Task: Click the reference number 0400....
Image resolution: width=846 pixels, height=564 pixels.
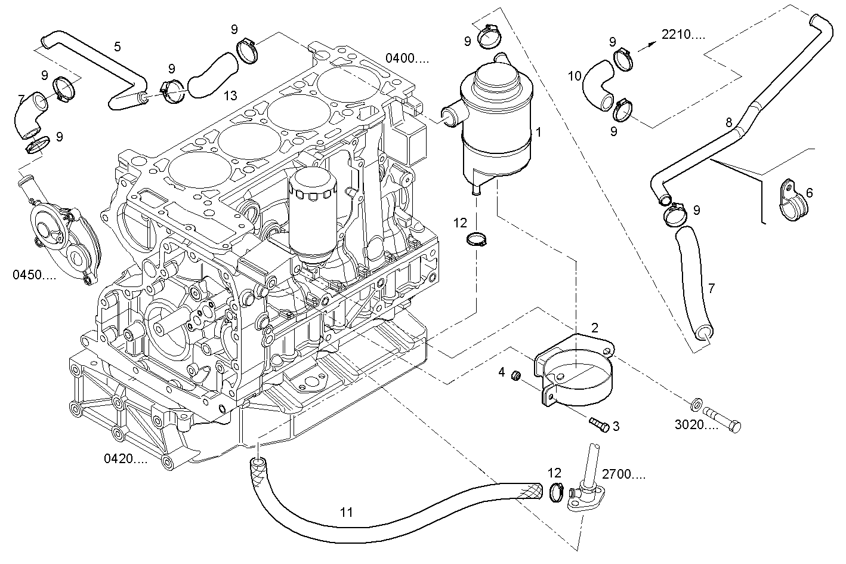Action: pos(407,58)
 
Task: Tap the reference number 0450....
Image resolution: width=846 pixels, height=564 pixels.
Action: pos(35,275)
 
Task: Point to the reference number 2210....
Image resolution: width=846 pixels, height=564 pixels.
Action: pos(683,35)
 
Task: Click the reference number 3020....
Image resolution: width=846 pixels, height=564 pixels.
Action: pos(696,425)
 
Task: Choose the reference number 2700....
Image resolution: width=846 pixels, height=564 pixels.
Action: pos(623,475)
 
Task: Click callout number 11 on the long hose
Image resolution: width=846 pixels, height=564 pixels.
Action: pos(346,512)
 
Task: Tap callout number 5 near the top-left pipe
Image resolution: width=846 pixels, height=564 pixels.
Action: pos(118,47)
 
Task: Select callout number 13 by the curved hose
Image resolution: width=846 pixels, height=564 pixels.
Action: pos(230,95)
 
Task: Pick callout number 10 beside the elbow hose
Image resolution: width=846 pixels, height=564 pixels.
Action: pos(574,76)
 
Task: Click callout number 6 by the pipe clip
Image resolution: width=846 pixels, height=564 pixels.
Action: pos(809,193)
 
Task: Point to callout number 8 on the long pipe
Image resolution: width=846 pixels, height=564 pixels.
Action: pos(728,122)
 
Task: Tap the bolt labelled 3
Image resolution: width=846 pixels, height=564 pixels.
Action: pos(598,424)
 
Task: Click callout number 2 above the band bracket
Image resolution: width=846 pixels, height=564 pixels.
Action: pos(594,327)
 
